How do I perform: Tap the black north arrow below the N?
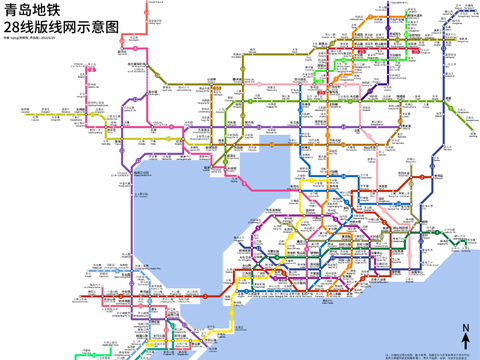(x=466, y=342)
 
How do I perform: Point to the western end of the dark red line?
(x=80, y=295)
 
